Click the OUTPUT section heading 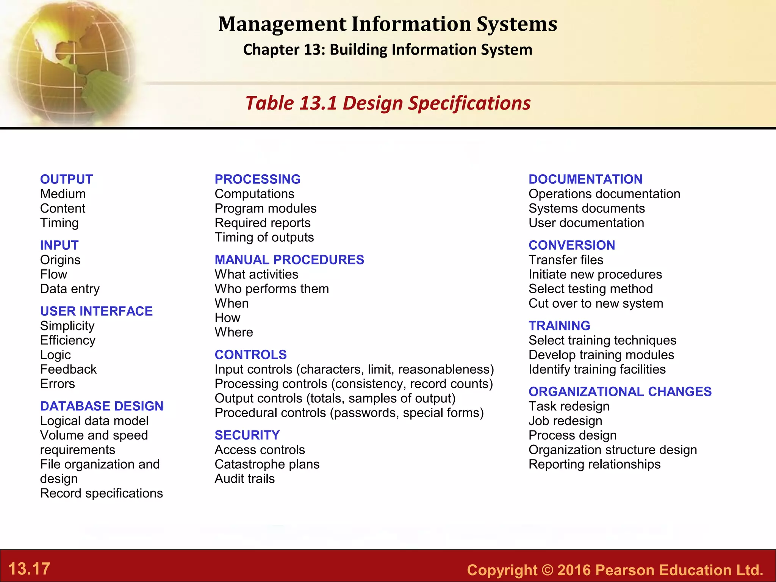pyautogui.click(x=66, y=179)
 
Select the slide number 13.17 pyautogui.click(x=29, y=569)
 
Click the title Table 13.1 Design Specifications pyautogui.click(x=388, y=103)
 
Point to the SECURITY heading pyautogui.click(x=247, y=435)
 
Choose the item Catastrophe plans pyautogui.click(x=267, y=464)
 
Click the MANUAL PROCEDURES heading pyautogui.click(x=289, y=260)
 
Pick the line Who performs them pyautogui.click(x=272, y=289)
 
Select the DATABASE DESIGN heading pyautogui.click(x=102, y=406)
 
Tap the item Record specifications pyautogui.click(x=101, y=493)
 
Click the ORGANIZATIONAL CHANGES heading pyautogui.click(x=620, y=391)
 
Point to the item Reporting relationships pyautogui.click(x=594, y=464)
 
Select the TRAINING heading pyautogui.click(x=559, y=325)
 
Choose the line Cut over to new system pyautogui.click(x=596, y=304)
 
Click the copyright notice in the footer pyautogui.click(x=615, y=570)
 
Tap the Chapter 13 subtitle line pyautogui.click(x=388, y=50)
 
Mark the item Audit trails pyautogui.click(x=244, y=479)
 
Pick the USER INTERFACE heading pyautogui.click(x=96, y=311)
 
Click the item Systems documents pyautogui.click(x=587, y=208)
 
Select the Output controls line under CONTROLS pyautogui.click(x=335, y=398)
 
